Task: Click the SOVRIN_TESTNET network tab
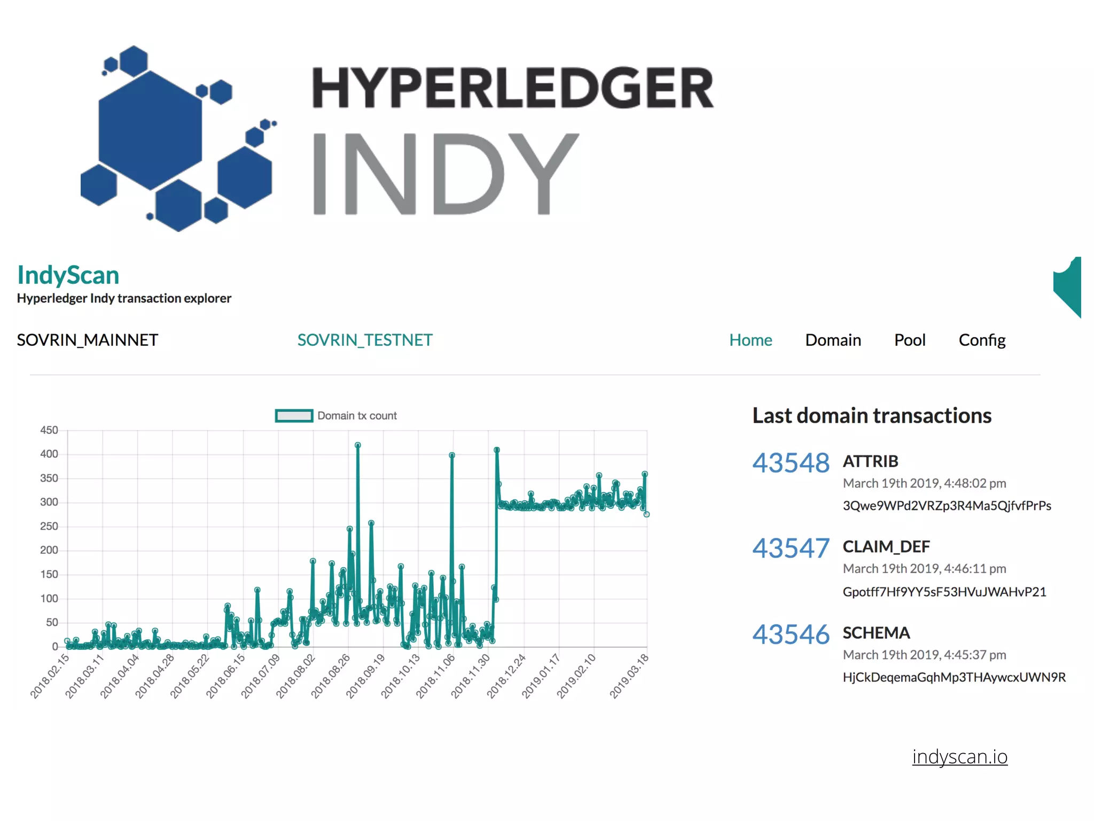coord(365,340)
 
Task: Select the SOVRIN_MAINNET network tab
coord(88,340)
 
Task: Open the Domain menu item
coord(833,340)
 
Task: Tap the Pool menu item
coord(909,340)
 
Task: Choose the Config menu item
coord(982,340)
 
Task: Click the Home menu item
coord(751,340)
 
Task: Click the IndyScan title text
coord(68,275)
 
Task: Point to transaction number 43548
coord(791,463)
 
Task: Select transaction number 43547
coord(791,548)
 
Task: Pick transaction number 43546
coord(791,634)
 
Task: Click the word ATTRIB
coord(870,461)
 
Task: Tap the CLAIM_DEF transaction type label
coord(886,547)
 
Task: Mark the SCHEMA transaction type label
coord(876,633)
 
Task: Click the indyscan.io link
coord(959,757)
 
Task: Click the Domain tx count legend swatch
coord(294,416)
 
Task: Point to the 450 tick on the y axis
coord(49,430)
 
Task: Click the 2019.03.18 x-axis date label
coord(629,676)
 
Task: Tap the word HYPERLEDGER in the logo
coord(513,88)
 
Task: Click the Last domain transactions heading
coord(872,416)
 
